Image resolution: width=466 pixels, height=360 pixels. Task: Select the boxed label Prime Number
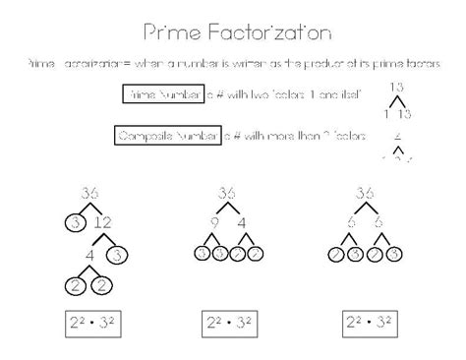(x=162, y=94)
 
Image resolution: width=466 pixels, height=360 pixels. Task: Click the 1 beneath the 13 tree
(x=386, y=114)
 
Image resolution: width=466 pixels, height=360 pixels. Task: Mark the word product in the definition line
(x=327, y=63)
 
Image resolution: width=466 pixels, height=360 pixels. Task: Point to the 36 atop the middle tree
(x=228, y=194)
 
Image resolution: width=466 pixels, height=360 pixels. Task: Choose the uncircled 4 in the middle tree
(x=243, y=223)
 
